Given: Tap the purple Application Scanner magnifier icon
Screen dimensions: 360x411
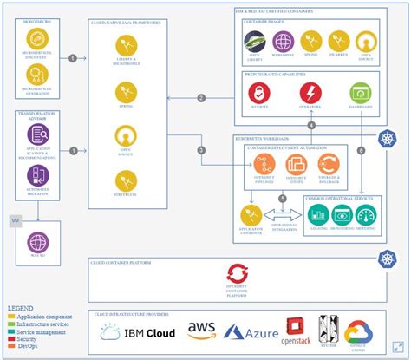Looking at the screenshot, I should tap(37, 133).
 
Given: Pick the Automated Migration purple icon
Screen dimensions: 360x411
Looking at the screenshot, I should tap(37, 173).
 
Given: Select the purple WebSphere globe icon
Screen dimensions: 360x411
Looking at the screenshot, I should tap(284, 40).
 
